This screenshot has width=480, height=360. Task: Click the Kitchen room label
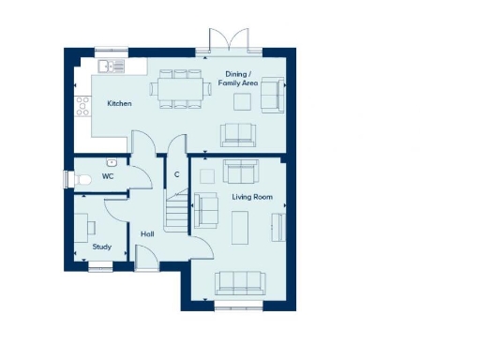pos(119,103)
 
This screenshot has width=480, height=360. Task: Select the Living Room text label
pos(251,197)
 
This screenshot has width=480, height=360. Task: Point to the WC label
pos(108,175)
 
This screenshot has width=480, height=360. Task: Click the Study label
pos(101,247)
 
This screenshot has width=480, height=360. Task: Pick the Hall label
pos(147,233)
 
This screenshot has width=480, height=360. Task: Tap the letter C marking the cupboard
pos(176,174)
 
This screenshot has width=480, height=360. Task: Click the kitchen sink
pos(112,67)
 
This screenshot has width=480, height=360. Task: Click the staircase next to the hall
pos(175,210)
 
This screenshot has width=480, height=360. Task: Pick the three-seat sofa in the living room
pos(238,280)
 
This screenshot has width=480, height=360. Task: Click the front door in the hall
pos(146,259)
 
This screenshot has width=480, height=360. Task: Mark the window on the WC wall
pos(66,178)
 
